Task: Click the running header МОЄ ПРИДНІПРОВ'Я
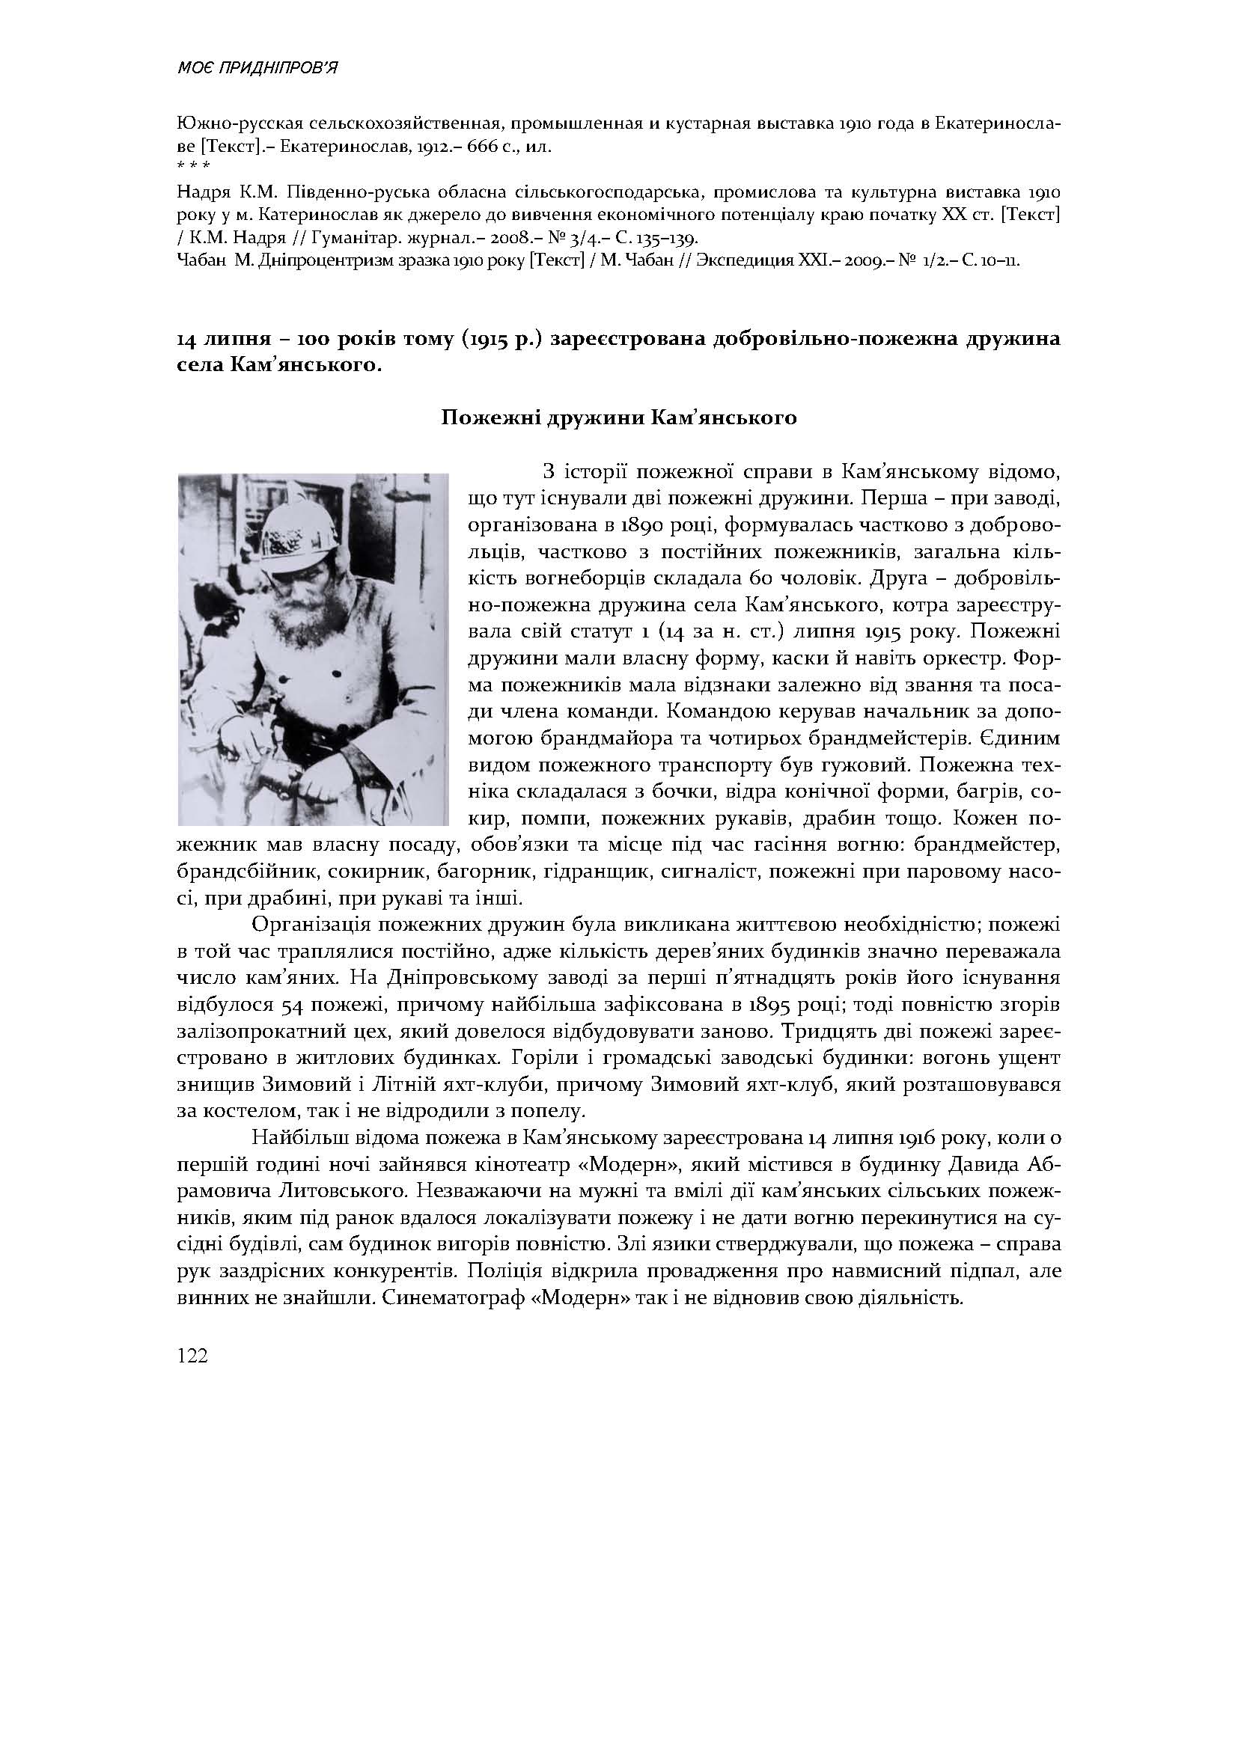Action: (x=257, y=69)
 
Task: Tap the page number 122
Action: (x=192, y=1356)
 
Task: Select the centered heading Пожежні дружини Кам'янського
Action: (x=619, y=417)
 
